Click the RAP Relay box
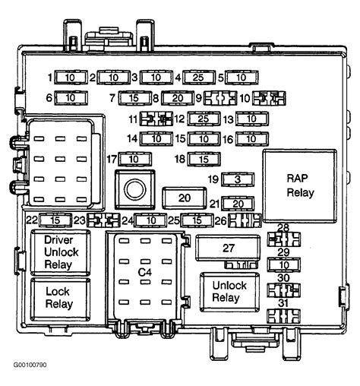300,186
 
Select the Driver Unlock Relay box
60,252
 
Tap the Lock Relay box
60,299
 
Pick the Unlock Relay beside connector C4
229,292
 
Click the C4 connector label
145,272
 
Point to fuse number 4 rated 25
199,78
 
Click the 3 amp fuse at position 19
238,179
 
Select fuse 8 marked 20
178,98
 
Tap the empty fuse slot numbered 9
220,98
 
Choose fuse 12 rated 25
204,119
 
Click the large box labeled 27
228,248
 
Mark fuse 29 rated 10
284,264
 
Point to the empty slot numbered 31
284,316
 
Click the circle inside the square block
135,189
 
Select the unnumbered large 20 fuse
185,198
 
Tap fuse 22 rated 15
55,220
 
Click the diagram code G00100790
30,365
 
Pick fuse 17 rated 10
135,159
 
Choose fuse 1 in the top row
71,78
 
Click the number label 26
220,221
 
